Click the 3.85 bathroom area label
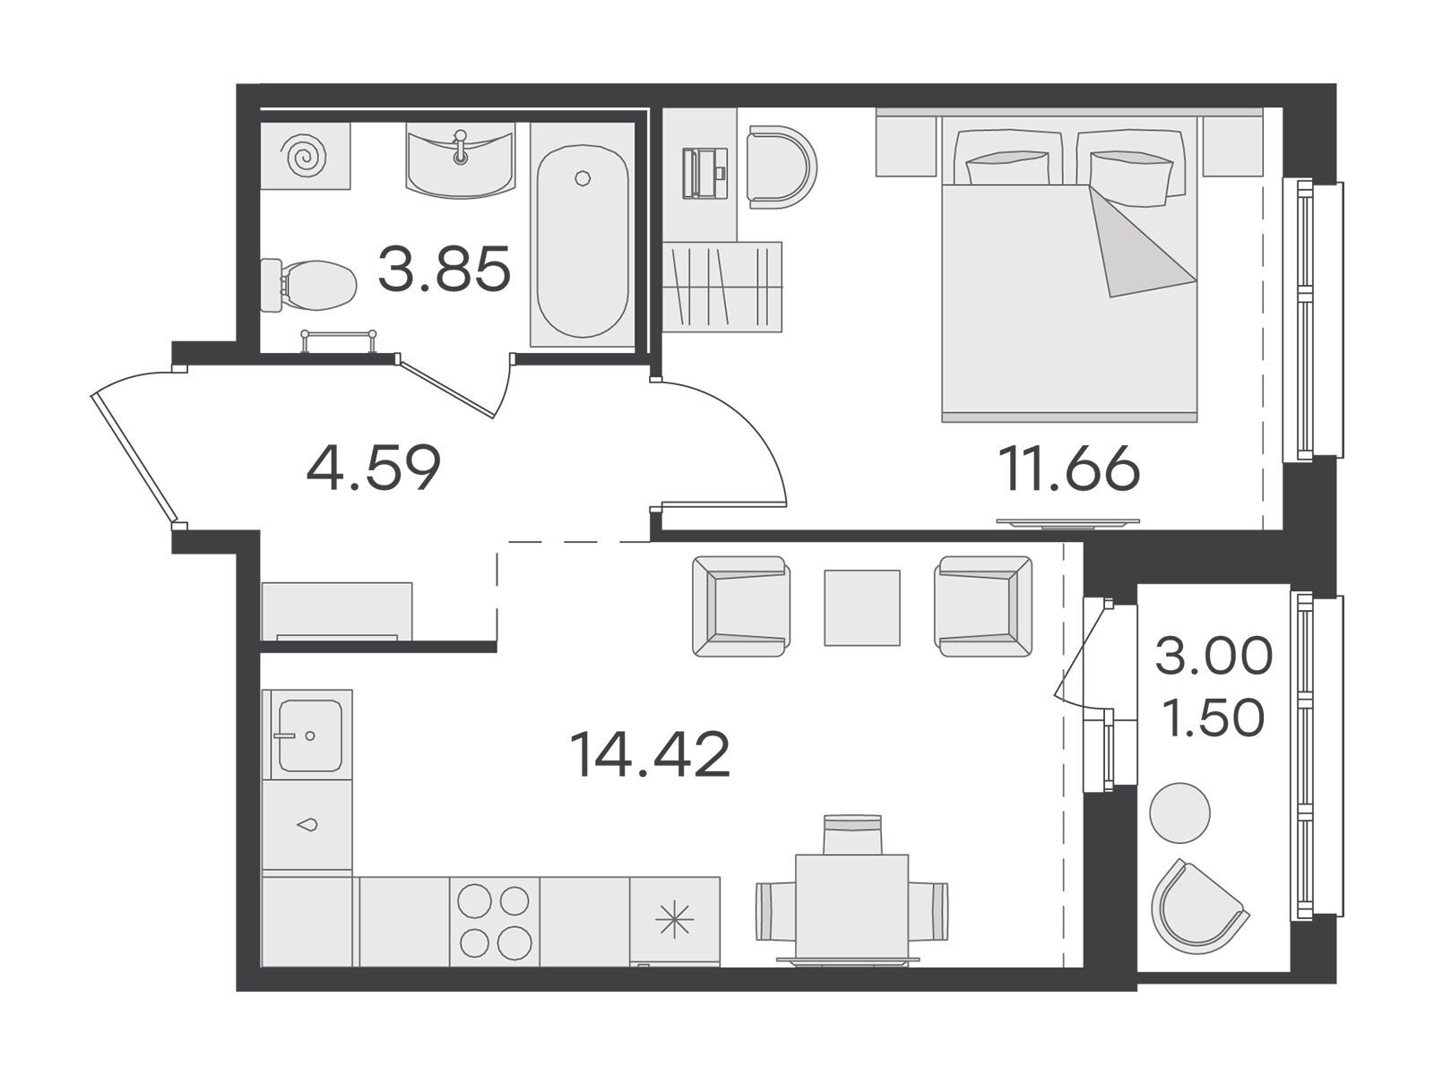tap(444, 268)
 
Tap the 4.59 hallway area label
tap(374, 468)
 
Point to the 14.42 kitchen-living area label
tap(651, 754)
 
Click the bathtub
tap(582, 240)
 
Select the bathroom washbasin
tap(460, 160)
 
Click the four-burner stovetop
tap(495, 920)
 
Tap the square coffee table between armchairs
tap(861, 607)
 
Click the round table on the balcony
tap(1179, 813)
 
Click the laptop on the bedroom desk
tap(705, 173)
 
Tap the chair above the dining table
tap(851, 833)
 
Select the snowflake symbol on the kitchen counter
tap(674, 920)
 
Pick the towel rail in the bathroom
tap(338, 340)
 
